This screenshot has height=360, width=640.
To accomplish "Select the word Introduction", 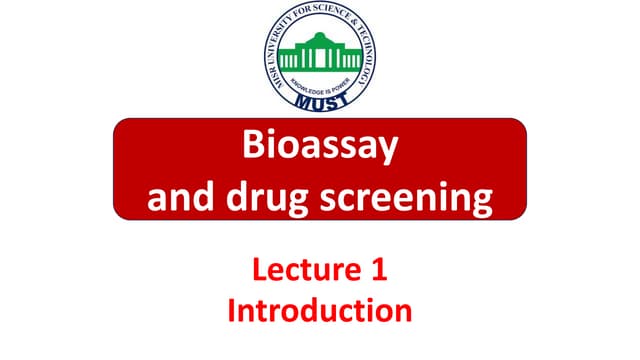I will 320,309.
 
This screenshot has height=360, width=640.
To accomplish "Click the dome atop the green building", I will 320,37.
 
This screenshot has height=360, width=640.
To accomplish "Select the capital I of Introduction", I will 233,309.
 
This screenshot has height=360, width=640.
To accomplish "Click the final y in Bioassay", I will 388,153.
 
